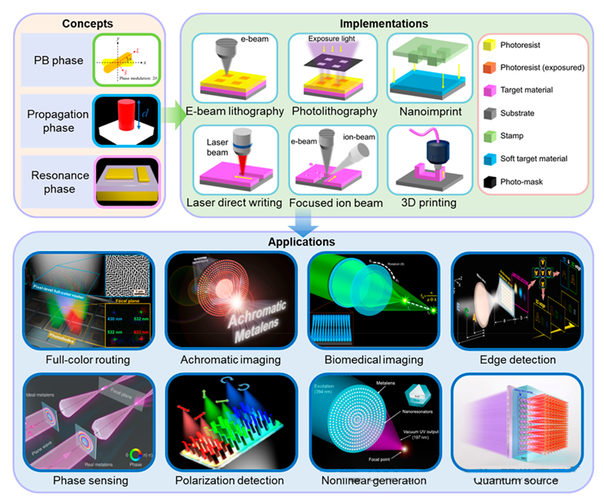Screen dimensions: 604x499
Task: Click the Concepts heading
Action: coord(87,24)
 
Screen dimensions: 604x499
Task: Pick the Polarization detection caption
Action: coord(229,481)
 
